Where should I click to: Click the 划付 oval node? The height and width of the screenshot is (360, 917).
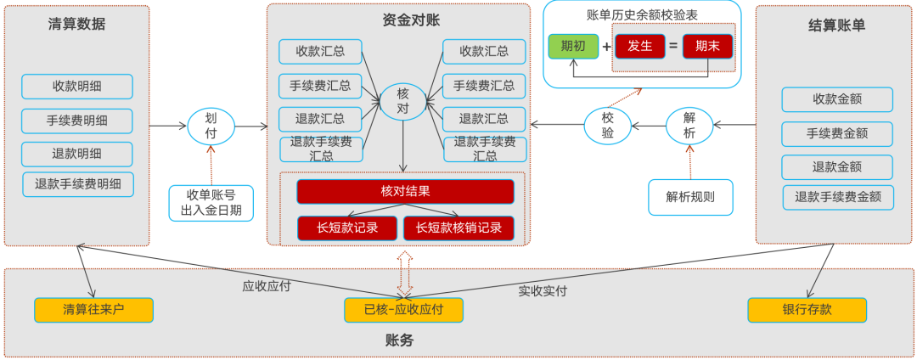point(211,126)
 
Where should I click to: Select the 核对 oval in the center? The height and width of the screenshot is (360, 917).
point(403,102)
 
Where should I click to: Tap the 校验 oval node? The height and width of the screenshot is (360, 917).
point(608,126)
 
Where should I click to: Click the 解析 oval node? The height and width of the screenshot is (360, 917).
point(689,126)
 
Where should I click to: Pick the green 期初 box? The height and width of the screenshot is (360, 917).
point(573,46)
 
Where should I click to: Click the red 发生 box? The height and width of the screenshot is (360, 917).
point(639,46)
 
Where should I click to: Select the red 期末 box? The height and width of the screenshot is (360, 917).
point(706,46)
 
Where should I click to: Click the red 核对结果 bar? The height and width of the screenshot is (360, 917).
point(405,191)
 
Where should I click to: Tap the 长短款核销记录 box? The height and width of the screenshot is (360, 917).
point(458,228)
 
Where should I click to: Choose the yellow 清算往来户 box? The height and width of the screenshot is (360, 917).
point(93,310)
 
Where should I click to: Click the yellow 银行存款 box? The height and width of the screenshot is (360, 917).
point(807,310)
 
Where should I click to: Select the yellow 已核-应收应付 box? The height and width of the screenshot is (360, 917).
point(403,310)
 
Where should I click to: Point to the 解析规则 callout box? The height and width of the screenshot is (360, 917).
point(690,197)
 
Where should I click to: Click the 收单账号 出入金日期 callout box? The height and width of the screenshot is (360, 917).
point(211,203)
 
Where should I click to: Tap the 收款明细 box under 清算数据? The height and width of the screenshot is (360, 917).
point(77,87)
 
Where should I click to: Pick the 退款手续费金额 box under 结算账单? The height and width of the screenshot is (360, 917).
point(837,198)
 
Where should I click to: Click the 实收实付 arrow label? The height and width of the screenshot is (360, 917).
point(543,291)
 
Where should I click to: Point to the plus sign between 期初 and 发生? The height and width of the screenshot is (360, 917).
point(606,46)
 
